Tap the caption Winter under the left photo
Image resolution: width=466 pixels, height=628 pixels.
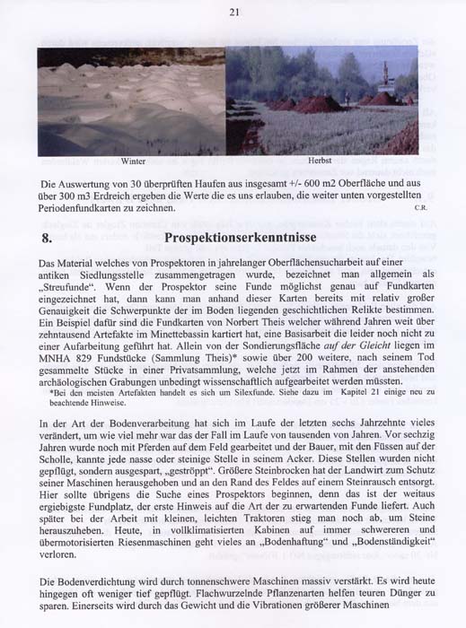point(133,161)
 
